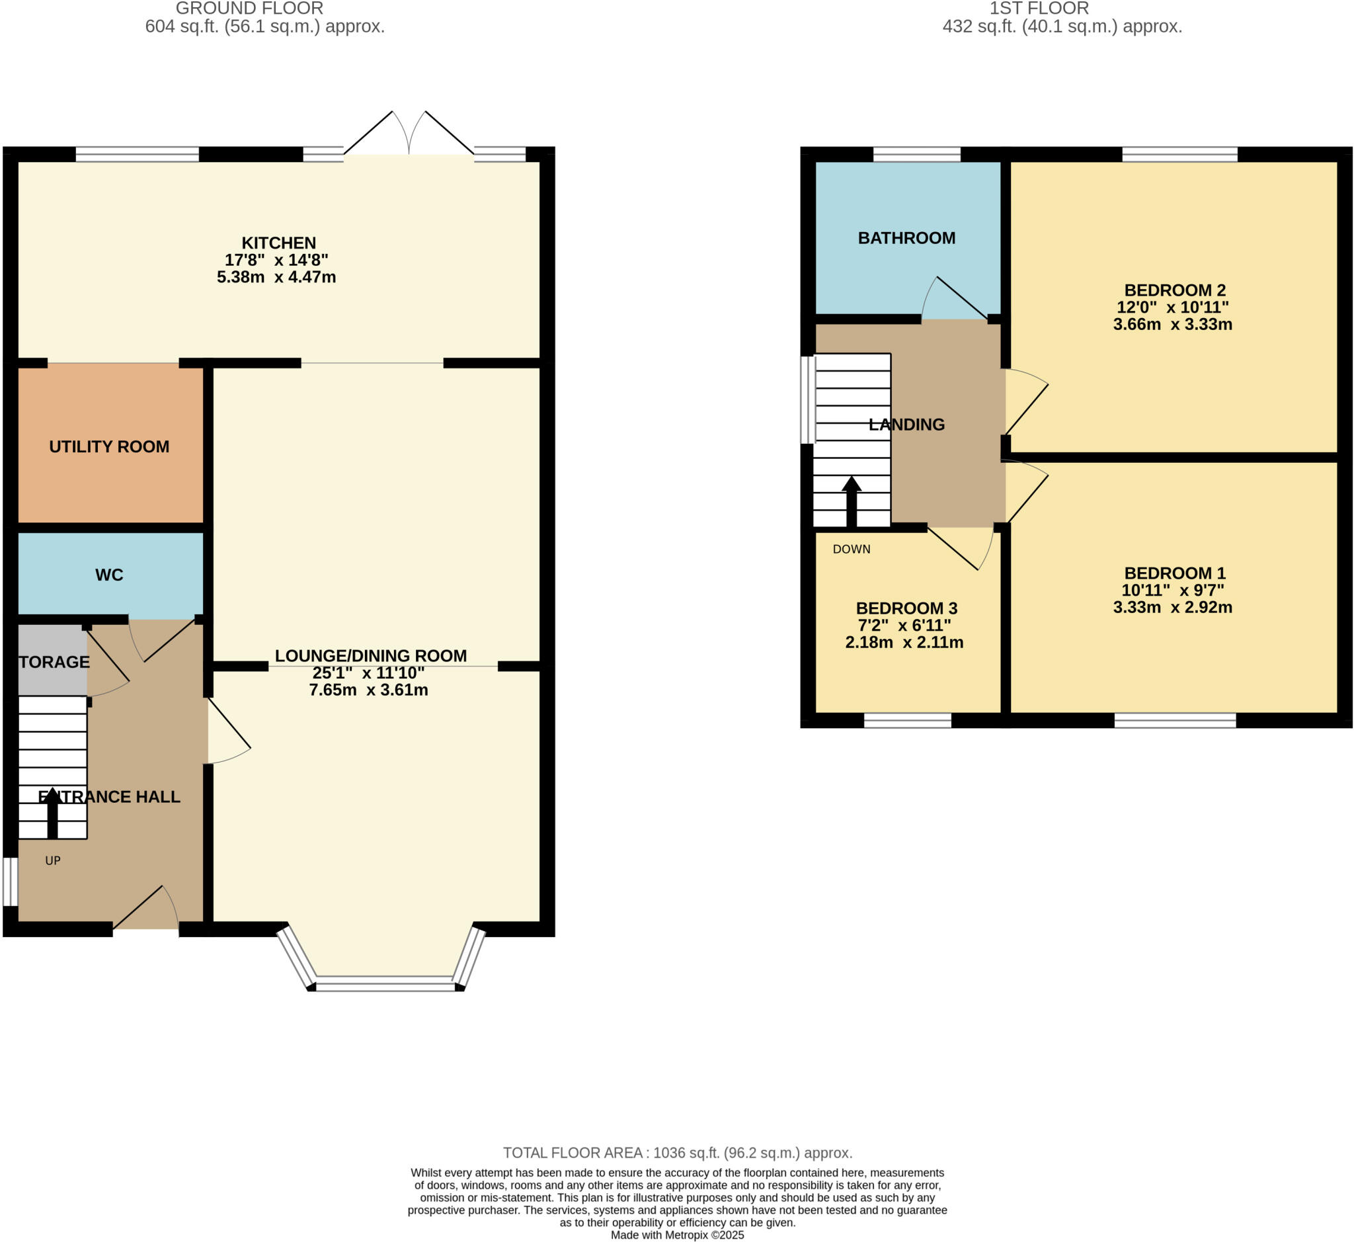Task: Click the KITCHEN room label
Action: click(x=278, y=243)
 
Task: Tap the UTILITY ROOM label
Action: click(x=109, y=447)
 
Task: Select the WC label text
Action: click(x=109, y=575)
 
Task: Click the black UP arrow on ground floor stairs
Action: click(x=52, y=813)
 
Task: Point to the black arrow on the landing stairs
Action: click(x=852, y=501)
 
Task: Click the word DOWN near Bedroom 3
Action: click(x=852, y=550)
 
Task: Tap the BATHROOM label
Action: click(x=906, y=238)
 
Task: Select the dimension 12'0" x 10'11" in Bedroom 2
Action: click(x=1173, y=308)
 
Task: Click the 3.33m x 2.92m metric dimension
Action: click(x=1173, y=608)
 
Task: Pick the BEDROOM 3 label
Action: click(x=906, y=608)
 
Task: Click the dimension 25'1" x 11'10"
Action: click(x=368, y=673)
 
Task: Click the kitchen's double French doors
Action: click(x=409, y=134)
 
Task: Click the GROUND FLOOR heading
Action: click(x=249, y=9)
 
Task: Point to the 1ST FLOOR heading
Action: click(x=1039, y=9)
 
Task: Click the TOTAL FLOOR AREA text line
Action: click(x=678, y=1153)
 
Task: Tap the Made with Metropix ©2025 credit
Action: click(x=678, y=1235)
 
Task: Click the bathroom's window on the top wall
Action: click(x=916, y=155)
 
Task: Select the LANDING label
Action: click(x=906, y=425)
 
